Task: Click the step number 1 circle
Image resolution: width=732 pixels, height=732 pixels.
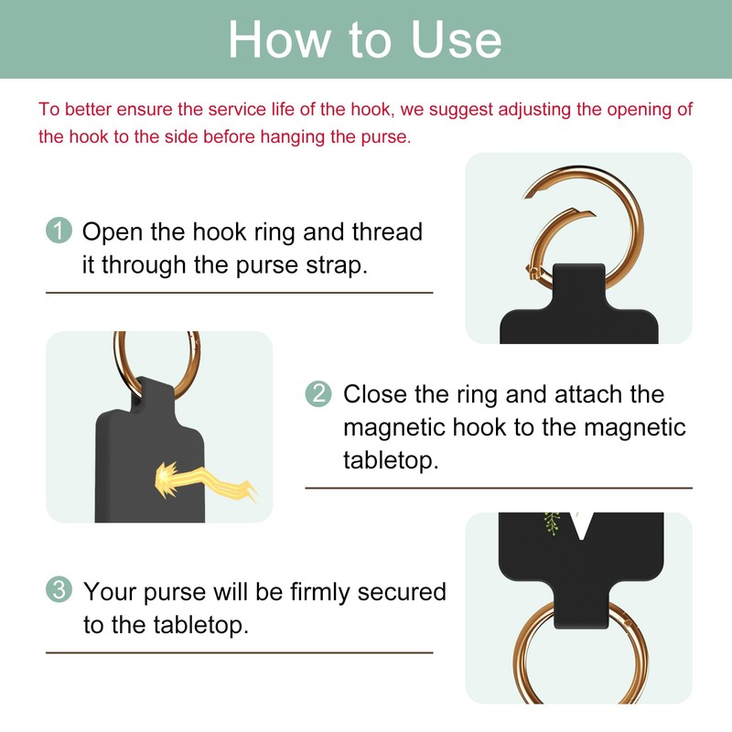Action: click(59, 231)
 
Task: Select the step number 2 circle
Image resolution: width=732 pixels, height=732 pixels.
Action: click(317, 394)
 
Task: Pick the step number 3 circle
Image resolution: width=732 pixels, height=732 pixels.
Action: click(59, 590)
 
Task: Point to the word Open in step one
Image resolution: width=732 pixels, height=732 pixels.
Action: click(112, 231)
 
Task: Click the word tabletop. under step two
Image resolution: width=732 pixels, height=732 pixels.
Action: click(391, 459)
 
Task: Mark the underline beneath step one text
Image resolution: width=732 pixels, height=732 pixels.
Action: click(239, 293)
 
